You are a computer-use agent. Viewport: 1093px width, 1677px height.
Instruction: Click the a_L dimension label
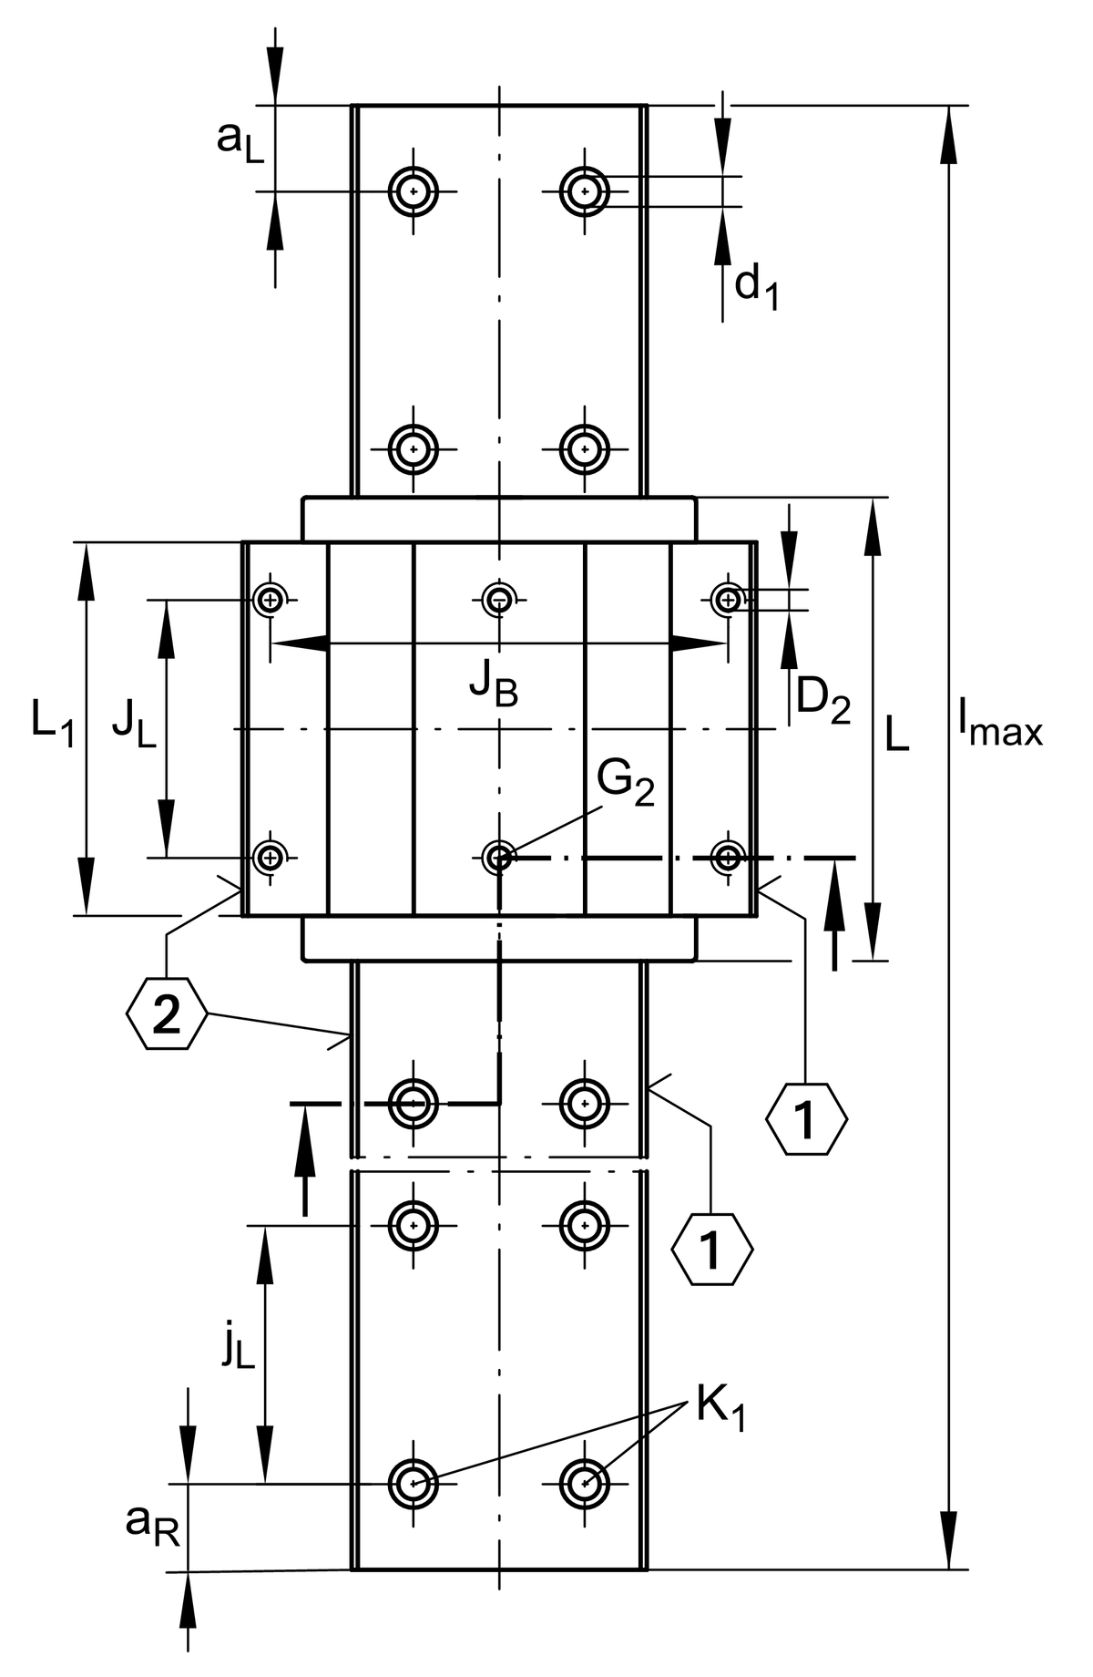[x=240, y=142]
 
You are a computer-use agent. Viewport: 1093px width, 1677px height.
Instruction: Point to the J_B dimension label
[x=494, y=686]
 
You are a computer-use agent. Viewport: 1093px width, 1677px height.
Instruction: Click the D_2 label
[x=823, y=702]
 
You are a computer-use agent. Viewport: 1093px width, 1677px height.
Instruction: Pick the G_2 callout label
[x=626, y=783]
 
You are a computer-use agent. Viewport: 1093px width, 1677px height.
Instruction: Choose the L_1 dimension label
[x=53, y=725]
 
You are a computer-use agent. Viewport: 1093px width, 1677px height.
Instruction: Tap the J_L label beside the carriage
[x=134, y=726]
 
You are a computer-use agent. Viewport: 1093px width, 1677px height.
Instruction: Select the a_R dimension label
[x=153, y=1525]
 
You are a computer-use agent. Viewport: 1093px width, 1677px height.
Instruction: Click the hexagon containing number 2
[x=168, y=1014]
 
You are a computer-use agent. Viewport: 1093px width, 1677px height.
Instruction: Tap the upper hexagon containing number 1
[x=806, y=1119]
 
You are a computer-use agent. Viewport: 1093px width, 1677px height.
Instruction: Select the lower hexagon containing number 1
[x=712, y=1249]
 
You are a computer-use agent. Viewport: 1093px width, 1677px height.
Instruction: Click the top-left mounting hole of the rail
[x=414, y=192]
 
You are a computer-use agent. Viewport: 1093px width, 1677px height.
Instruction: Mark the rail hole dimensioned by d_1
[x=585, y=192]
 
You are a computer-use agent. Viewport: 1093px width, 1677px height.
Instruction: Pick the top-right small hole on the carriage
[x=727, y=599]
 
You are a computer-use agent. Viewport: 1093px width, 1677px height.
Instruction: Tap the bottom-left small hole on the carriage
[x=270, y=857]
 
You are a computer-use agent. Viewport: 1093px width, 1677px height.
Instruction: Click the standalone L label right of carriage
[x=897, y=735]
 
